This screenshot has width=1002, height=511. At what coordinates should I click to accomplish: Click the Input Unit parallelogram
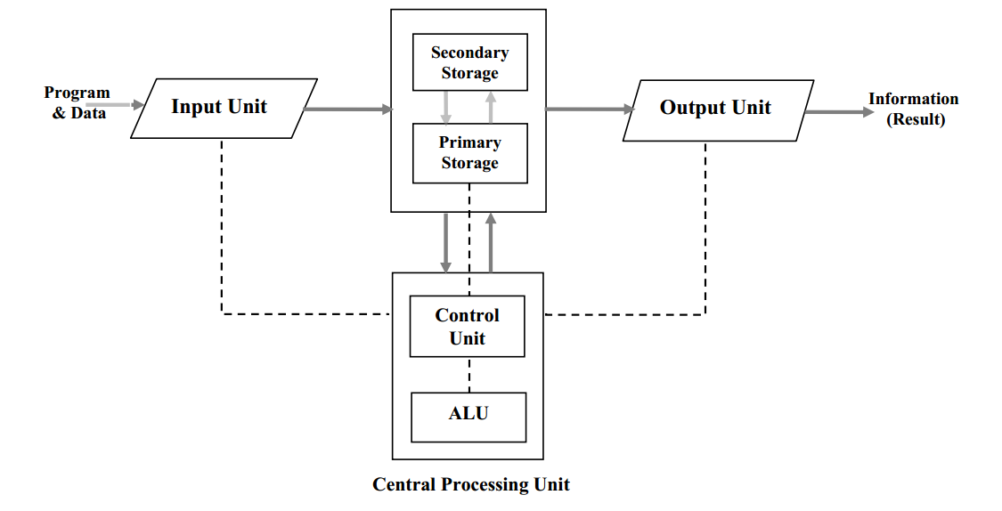tap(224, 108)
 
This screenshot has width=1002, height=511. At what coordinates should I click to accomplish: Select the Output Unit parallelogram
tap(717, 109)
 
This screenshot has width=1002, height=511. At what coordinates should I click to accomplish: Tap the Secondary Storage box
tap(469, 62)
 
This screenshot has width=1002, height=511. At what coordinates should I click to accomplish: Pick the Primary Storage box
tap(469, 153)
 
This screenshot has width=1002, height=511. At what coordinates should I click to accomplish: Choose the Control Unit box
tap(467, 327)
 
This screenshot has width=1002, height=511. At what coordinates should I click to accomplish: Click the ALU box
tap(468, 416)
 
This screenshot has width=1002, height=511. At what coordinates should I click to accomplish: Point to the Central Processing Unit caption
tap(470, 485)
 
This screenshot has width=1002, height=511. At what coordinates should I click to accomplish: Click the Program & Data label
tap(77, 102)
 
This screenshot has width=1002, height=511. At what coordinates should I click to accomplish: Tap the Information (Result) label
tap(914, 109)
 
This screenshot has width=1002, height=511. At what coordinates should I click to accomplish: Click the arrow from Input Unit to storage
tap(347, 109)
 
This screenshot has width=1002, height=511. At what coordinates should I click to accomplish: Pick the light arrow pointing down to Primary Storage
tap(447, 107)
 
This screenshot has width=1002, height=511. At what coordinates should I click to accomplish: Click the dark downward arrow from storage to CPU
tap(446, 242)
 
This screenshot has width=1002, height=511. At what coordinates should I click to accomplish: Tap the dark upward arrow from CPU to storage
tap(490, 242)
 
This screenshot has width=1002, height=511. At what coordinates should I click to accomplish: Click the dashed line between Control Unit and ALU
tap(468, 375)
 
